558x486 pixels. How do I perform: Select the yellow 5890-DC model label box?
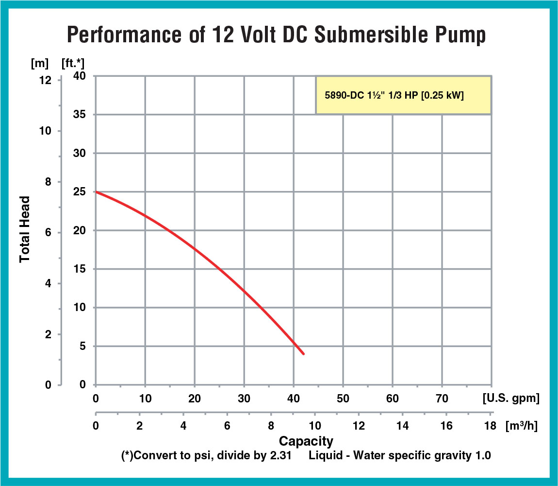[x=403, y=95]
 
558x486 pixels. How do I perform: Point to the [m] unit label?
[x=38, y=63]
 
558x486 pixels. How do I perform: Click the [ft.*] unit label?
[x=73, y=63]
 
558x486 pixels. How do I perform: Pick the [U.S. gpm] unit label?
[x=510, y=399]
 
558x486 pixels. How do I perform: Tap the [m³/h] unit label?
[x=521, y=426]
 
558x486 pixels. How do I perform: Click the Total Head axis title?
[x=25, y=229]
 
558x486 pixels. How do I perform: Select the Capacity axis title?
[x=306, y=441]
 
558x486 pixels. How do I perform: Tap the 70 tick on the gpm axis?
[x=442, y=399]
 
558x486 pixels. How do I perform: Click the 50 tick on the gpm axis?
[x=343, y=399]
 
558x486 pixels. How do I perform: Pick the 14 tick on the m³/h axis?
[x=402, y=426]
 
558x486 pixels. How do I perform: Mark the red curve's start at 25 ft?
[x=96, y=192]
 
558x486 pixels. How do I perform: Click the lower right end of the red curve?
[x=304, y=354]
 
